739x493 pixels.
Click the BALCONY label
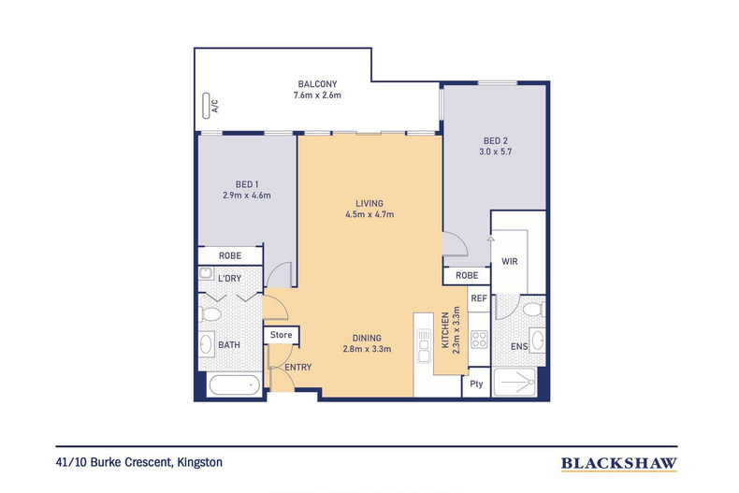317,84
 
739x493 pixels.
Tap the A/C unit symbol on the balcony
206,106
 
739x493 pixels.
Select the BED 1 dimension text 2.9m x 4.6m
247,196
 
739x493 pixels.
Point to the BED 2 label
496,140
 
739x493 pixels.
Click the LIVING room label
369,203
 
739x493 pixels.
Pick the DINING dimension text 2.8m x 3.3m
367,349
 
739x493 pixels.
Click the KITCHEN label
445,330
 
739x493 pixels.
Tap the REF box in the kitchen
479,298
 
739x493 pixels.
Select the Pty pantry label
476,384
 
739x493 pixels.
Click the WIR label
510,261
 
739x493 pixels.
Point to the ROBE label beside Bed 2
467,275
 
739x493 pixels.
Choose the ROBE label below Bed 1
230,255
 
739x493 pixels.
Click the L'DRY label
229,278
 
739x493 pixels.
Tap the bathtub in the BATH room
234,385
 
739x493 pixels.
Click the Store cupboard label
281,335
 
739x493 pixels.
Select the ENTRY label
297,367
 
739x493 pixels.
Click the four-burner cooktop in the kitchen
479,339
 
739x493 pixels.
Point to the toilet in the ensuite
533,310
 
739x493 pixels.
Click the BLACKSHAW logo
619,464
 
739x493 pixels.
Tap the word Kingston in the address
200,462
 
